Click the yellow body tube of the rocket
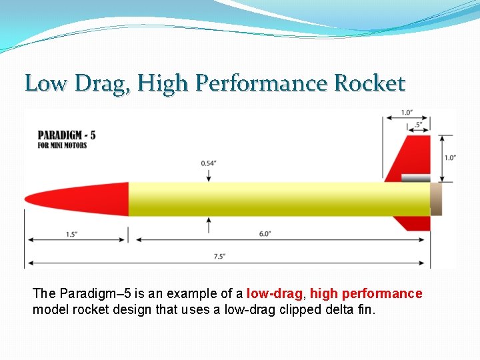click(280, 199)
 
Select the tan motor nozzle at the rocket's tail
click(436, 199)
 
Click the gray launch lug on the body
click(415, 178)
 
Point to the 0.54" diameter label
click(209, 163)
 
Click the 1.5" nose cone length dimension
click(71, 234)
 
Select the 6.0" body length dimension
click(264, 234)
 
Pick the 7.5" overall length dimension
click(219, 255)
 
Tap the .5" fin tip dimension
click(418, 125)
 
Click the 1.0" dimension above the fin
click(406, 112)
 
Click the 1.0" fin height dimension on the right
click(450, 158)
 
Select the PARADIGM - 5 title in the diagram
click(67, 135)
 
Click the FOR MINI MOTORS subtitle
click(62, 145)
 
